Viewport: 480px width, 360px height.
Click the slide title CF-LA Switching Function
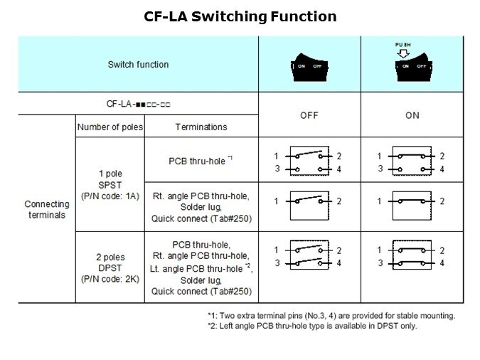pyautogui.click(x=240, y=16)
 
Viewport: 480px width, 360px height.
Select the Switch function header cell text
pyautogui.click(x=138, y=64)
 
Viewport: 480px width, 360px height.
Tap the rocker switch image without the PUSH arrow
pyautogui.click(x=308, y=65)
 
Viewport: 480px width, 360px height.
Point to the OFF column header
pyautogui.click(x=309, y=115)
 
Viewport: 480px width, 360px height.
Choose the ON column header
pyautogui.click(x=412, y=115)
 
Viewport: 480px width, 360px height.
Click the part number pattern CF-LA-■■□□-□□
pyautogui.click(x=138, y=104)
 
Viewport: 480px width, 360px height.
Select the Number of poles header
pyautogui.click(x=110, y=127)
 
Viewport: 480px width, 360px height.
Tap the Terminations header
pyautogui.click(x=201, y=127)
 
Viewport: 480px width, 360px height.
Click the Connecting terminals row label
pyautogui.click(x=47, y=209)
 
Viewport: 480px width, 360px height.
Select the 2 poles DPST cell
pyautogui.click(x=110, y=268)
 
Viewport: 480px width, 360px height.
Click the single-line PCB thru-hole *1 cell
pyautogui.click(x=201, y=161)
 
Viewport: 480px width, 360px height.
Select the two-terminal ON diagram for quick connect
pyautogui.click(x=412, y=201)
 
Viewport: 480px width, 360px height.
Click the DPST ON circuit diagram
pyautogui.click(x=412, y=256)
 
